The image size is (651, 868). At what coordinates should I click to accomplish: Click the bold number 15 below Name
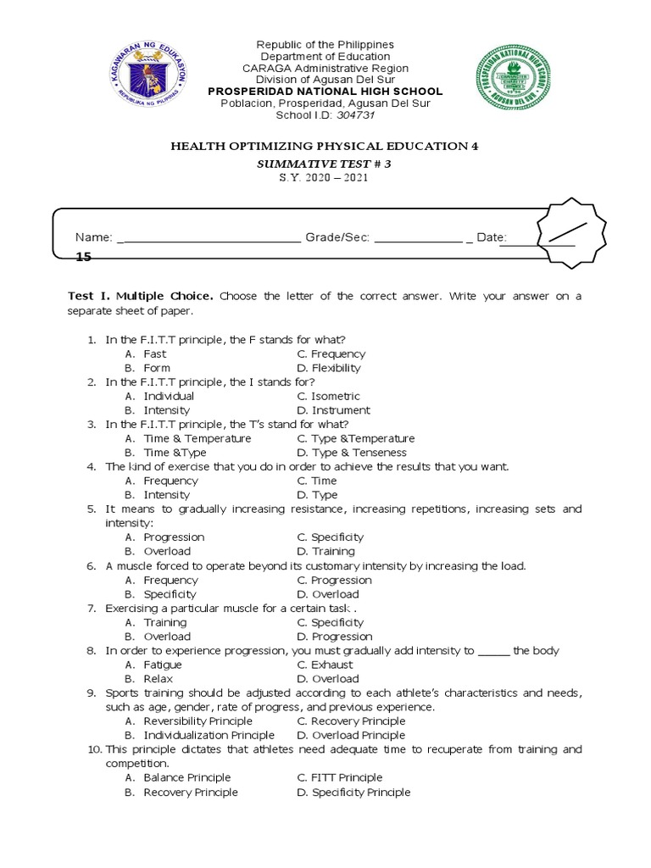coord(83,255)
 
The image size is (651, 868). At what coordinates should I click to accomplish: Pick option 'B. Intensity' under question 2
coord(157,410)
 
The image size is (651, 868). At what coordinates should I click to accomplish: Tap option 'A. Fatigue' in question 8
coord(153,665)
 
